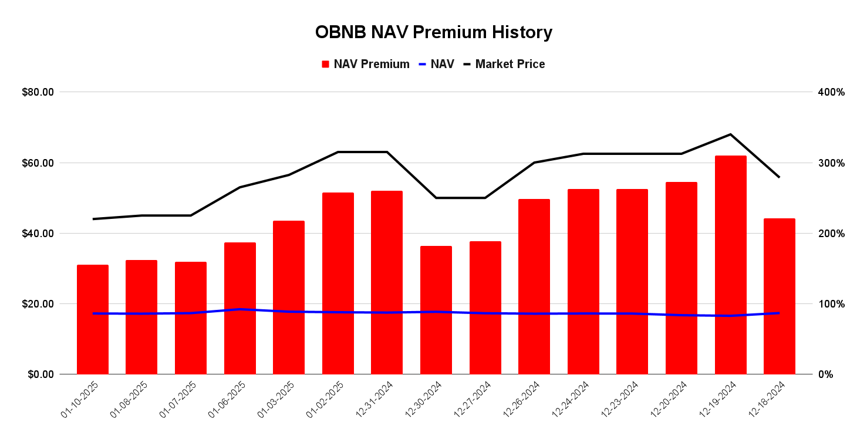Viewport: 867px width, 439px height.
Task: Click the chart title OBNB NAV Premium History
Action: [433, 32]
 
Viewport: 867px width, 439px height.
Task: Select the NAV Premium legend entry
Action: [365, 64]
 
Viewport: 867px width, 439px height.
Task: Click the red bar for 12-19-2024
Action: [730, 265]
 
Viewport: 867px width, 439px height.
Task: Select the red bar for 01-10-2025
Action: [93, 319]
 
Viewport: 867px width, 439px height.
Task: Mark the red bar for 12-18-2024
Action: [779, 296]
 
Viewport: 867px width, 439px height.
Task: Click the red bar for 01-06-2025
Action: [240, 308]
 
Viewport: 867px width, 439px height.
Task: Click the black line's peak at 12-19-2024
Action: [730, 134]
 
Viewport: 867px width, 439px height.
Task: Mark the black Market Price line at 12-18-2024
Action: [779, 177]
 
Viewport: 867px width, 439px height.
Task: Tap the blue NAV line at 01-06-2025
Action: [240, 309]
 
